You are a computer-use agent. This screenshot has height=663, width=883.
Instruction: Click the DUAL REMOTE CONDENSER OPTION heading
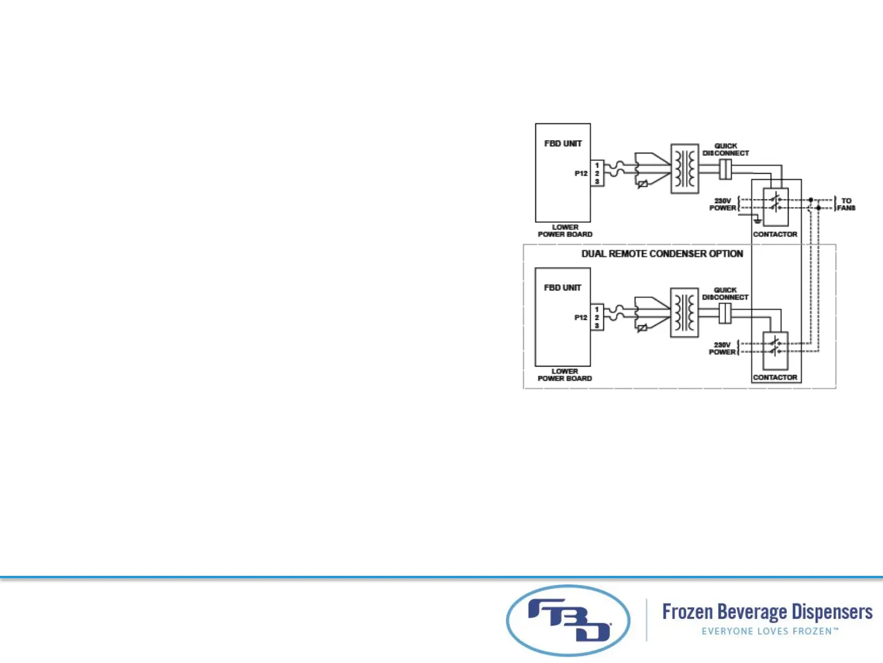pos(662,254)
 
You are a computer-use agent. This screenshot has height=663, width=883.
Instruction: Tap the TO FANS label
pos(846,204)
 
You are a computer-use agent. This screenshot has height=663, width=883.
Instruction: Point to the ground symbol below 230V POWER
pos(758,220)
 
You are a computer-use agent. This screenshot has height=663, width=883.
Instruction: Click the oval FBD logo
pos(568,620)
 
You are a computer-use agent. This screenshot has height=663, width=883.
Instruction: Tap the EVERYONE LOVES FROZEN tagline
pos(770,631)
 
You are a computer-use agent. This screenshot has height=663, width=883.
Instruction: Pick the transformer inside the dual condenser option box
pos(684,313)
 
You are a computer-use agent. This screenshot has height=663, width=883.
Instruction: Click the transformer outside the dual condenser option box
pos(684,169)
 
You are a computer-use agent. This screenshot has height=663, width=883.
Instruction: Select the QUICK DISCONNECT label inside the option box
pos(725,293)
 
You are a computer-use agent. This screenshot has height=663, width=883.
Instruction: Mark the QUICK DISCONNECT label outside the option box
pos(726,149)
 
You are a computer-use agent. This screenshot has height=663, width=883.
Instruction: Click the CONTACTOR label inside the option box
pos(775,378)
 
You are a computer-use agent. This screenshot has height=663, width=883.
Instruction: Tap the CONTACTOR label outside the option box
pos(775,234)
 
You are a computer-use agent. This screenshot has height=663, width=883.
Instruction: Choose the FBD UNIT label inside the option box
pos(562,287)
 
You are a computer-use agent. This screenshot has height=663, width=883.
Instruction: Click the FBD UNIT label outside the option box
pos(563,143)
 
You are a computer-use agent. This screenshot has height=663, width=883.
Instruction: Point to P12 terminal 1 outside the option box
pos(597,165)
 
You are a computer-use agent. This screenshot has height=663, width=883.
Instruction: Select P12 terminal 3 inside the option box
pos(597,325)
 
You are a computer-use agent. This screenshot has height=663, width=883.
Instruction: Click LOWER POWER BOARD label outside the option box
pos(565,231)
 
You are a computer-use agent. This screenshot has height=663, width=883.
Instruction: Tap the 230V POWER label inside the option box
pos(722,348)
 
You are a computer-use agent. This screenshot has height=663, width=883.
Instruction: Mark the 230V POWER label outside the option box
pos(723,204)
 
